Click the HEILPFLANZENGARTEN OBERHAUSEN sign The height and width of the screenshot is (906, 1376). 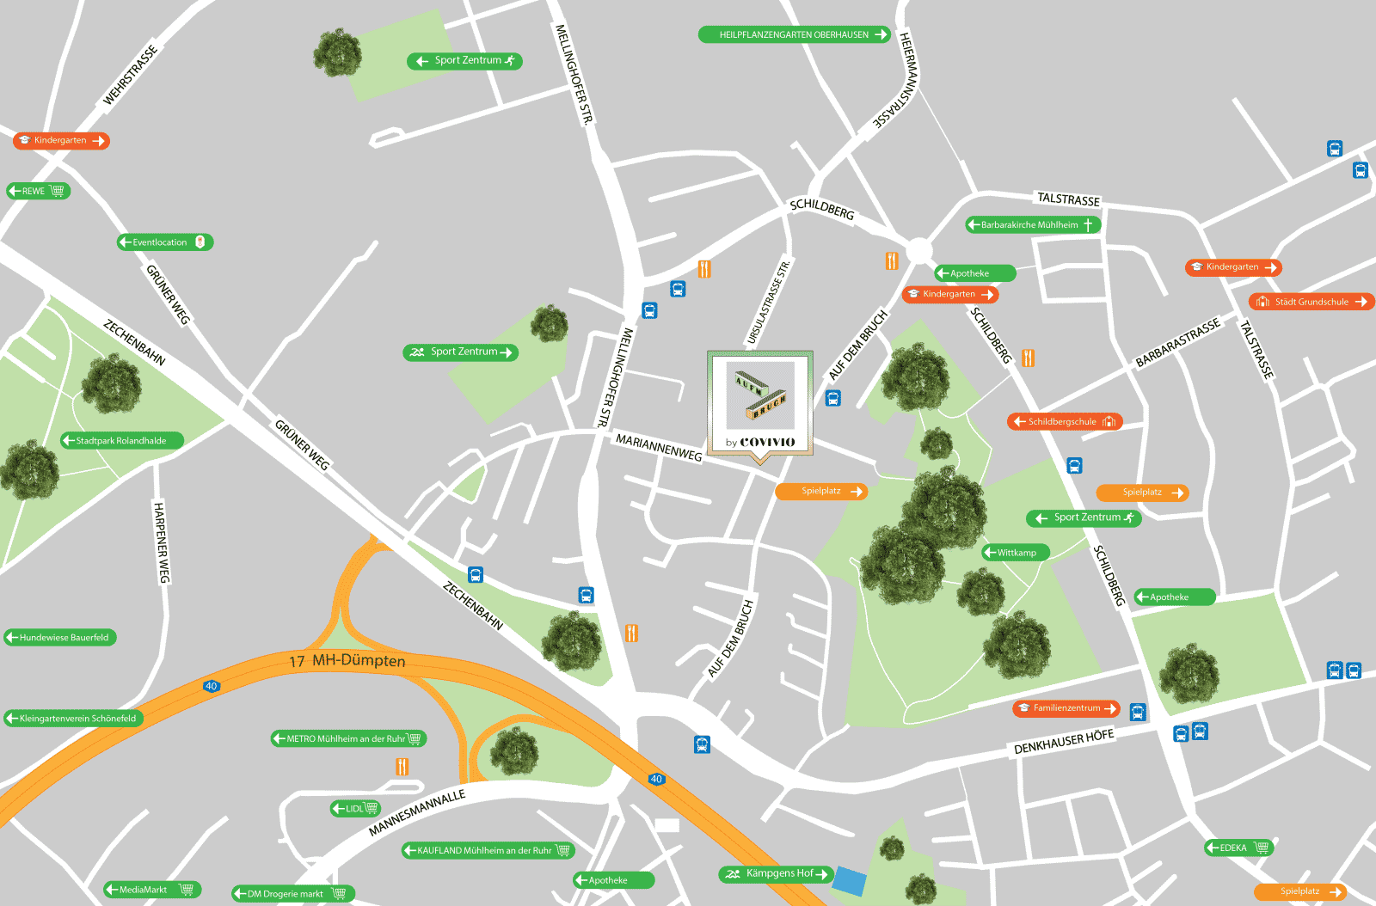pos(793,34)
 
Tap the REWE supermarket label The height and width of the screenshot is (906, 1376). pos(38,191)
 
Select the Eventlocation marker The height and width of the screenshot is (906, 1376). pos(165,242)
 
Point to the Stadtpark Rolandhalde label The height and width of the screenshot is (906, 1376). pos(121,440)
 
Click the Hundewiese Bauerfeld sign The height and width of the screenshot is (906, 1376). pos(60,638)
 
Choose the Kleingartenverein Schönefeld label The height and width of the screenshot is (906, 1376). pos(74,719)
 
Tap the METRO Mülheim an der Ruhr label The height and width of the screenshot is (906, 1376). pos(348,738)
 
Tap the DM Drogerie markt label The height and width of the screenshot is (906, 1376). pos(292,894)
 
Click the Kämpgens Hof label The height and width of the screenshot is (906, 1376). pos(777,874)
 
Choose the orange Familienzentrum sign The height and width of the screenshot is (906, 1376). pos(1066,708)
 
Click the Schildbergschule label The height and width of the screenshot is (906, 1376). pos(1065,421)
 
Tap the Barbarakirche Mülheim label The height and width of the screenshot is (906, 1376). pos(1032,224)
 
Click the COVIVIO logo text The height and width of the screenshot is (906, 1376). pos(767,442)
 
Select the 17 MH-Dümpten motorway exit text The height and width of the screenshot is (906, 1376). pos(347,661)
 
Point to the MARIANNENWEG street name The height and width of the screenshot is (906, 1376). pos(659,448)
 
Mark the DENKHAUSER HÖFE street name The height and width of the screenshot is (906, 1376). pos(1064,741)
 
